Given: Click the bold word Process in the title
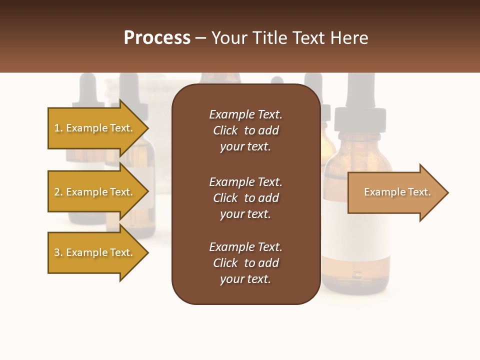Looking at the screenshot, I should (x=157, y=38).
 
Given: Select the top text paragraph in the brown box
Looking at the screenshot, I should (x=245, y=130).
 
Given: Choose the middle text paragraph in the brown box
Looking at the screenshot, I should (x=245, y=198).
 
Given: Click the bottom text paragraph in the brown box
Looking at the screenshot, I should (x=245, y=263).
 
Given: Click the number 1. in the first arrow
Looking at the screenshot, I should (x=58, y=128).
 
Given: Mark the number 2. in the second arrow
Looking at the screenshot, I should (x=58, y=192).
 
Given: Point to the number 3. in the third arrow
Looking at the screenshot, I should (x=58, y=252).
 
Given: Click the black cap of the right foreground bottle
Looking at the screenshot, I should (x=360, y=117).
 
